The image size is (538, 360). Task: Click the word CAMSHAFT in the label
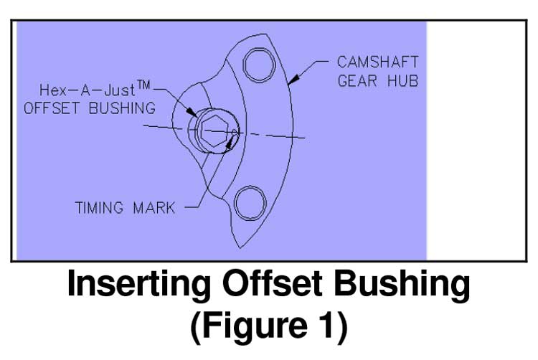pos(377,62)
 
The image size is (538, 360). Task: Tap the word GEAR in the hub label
pos(357,80)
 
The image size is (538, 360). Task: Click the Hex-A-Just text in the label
pos(90,91)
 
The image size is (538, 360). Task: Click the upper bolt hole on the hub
pos(258,66)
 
